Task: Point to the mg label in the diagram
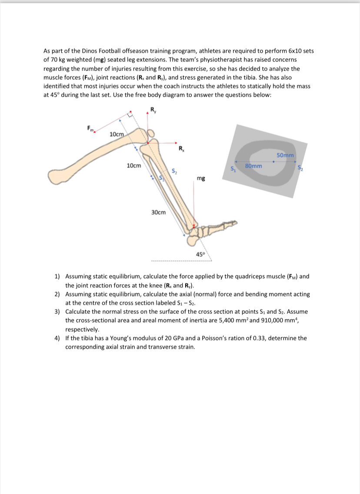tap(201, 178)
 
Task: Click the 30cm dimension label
tap(158, 212)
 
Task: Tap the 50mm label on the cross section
tap(285, 155)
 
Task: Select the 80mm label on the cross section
tap(253, 165)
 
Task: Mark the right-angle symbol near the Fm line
tap(129, 114)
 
